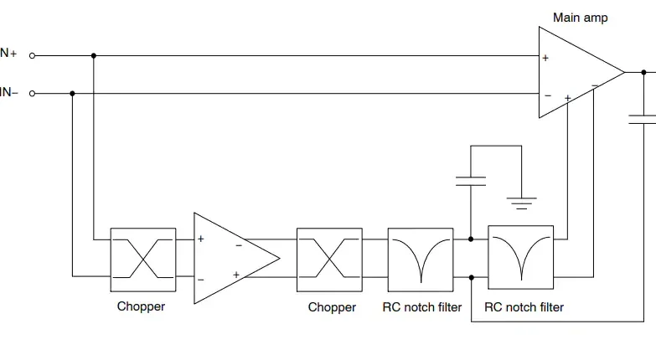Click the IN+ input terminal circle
pos(32,56)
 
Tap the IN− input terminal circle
pos(32,94)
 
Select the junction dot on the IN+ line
pos(94,56)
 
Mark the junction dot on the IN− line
pos(73,94)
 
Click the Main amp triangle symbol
pos(575,73)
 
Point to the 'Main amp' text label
pos(581,18)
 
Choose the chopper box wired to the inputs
pos(143,259)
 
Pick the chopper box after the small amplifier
pos(330,259)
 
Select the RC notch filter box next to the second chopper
pos(421,259)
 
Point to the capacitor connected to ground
pos(471,179)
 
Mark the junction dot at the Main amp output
pos(643,73)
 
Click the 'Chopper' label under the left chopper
pos(141,306)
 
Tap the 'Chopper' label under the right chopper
pos(332,307)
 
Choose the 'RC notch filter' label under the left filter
pos(421,307)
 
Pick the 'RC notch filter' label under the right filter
pos(524,307)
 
